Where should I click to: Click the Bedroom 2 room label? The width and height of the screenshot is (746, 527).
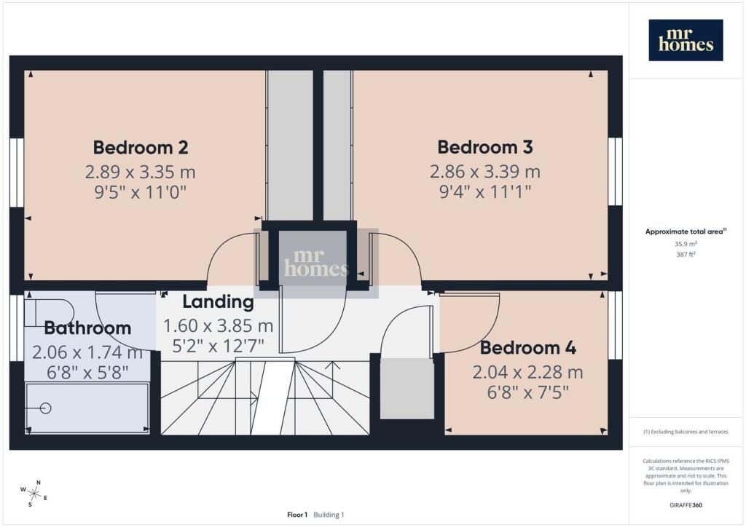[141, 147]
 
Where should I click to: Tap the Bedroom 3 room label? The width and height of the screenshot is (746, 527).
[484, 147]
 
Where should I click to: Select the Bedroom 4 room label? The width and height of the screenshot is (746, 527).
[527, 348]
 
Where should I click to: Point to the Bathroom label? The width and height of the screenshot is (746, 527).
[87, 328]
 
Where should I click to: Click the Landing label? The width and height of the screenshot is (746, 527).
[218, 302]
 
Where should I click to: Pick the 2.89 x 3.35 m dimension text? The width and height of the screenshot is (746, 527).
[141, 172]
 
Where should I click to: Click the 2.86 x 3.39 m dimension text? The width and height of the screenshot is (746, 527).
[484, 172]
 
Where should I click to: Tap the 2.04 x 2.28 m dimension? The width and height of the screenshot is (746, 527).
[527, 372]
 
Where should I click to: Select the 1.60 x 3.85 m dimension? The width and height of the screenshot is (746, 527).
[218, 326]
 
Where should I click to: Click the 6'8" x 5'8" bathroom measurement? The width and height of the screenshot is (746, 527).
[87, 373]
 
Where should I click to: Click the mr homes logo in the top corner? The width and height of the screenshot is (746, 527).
[686, 40]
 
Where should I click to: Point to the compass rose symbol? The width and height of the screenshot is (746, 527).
[34, 494]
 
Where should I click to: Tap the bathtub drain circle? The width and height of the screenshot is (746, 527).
[46, 408]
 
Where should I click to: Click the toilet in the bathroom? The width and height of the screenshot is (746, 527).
[50, 313]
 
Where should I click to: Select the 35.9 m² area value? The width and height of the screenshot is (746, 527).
[686, 244]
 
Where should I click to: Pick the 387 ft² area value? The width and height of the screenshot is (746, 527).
[686, 254]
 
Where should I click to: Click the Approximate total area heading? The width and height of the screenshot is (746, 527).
[686, 231]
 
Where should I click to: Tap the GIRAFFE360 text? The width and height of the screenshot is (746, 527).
[686, 505]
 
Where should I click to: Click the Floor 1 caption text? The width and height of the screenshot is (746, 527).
[297, 515]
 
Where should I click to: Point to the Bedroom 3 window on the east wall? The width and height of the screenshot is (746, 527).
[615, 172]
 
